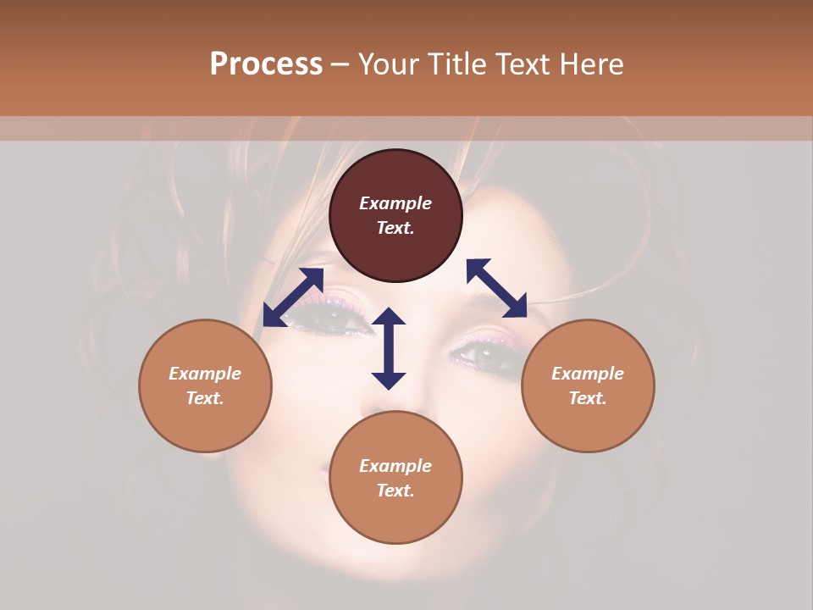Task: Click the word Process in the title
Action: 266,64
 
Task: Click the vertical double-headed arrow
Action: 389,349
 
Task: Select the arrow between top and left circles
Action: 293,297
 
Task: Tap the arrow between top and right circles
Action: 496,288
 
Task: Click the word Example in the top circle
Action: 395,203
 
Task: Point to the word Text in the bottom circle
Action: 395,491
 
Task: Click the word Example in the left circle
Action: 205,374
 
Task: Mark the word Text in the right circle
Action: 587,398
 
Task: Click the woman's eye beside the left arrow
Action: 336,319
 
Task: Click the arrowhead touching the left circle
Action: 274,316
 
